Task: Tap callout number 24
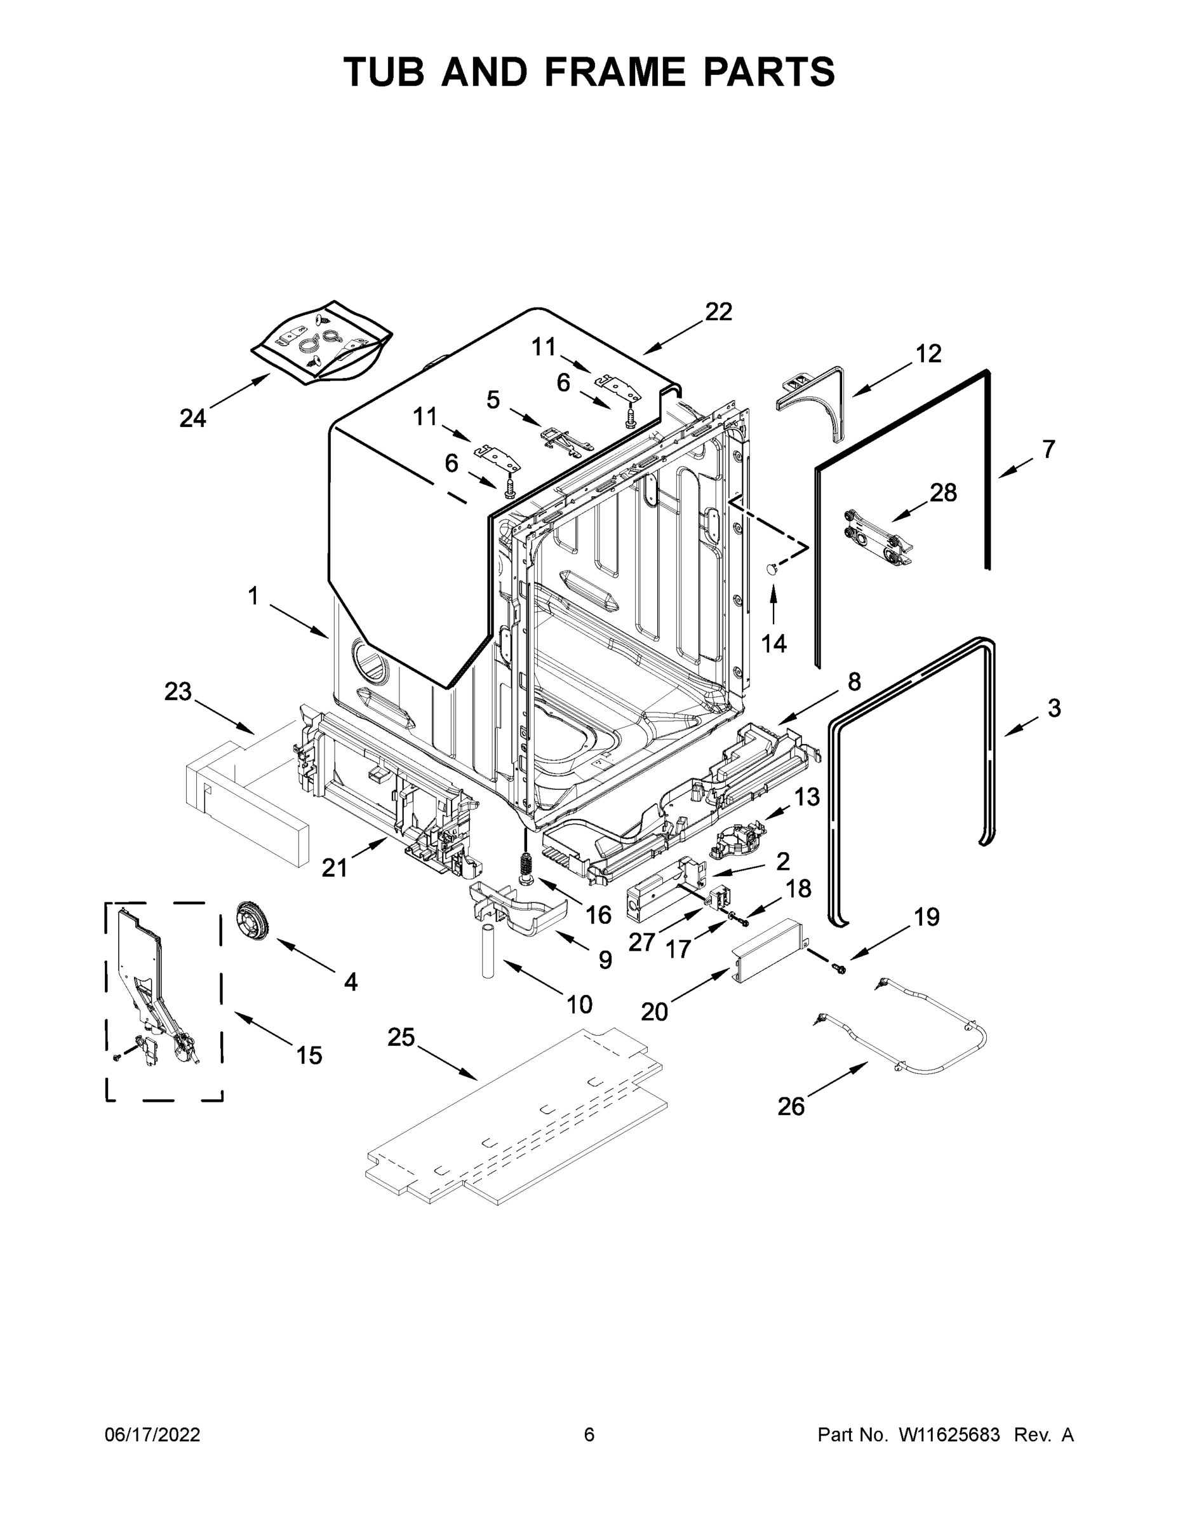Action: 192,418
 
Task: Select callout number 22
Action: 718,311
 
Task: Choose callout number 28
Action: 943,492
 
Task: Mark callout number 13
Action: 807,797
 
